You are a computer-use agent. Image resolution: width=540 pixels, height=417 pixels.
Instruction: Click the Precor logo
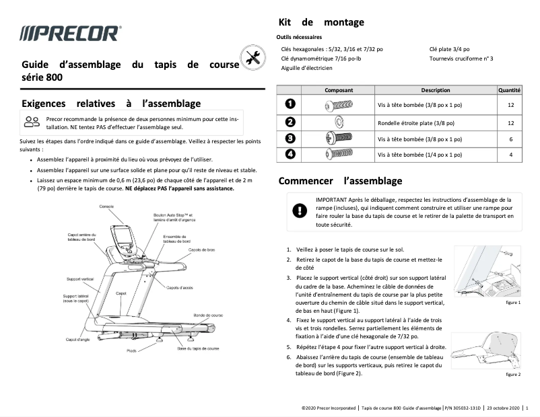70,33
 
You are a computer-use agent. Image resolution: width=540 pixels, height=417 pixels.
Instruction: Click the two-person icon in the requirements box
32,122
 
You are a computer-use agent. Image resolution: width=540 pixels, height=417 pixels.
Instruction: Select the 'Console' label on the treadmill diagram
106,206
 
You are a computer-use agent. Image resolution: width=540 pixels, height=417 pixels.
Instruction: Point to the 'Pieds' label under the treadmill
131,351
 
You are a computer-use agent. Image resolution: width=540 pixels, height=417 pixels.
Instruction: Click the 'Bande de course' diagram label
207,315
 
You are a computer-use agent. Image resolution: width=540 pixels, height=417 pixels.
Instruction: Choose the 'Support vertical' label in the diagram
79,278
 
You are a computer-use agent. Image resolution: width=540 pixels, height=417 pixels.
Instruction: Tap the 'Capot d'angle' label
78,340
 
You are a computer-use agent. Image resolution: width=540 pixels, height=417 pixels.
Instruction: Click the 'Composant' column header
339,90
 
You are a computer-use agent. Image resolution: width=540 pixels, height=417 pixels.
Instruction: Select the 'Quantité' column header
509,90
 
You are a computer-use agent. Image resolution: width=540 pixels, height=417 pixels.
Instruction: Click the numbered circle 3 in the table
290,139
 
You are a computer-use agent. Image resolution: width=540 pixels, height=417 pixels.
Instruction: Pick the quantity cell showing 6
510,139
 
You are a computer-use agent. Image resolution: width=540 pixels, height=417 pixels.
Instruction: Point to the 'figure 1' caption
512,303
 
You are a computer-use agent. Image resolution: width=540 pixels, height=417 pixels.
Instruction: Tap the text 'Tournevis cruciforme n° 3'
461,59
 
